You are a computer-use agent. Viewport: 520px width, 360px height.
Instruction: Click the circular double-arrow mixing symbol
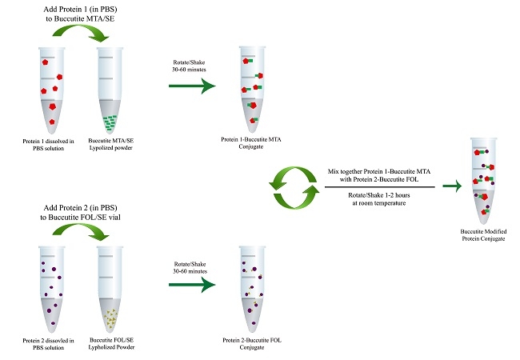(291, 186)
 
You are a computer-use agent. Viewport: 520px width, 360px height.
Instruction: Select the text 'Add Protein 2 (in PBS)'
(78, 205)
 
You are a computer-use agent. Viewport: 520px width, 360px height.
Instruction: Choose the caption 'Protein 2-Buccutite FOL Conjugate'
(252, 342)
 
